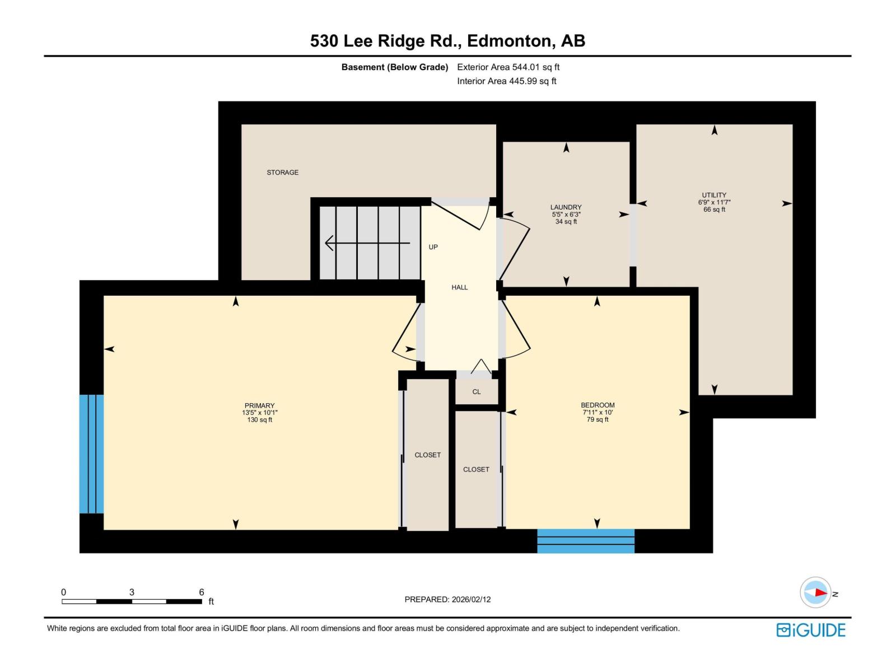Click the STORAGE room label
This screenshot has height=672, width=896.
(x=282, y=172)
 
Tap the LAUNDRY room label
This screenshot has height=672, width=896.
(x=566, y=207)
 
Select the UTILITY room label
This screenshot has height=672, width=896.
(x=714, y=195)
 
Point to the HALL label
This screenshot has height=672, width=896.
(x=459, y=287)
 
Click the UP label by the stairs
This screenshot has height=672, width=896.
(x=433, y=247)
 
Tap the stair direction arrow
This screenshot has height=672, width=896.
(x=367, y=243)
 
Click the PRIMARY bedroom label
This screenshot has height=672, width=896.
(x=259, y=405)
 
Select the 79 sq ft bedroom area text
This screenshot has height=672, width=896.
(x=597, y=419)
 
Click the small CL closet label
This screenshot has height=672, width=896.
(x=477, y=391)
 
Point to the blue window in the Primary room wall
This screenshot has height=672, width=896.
(x=91, y=454)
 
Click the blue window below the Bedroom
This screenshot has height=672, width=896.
(x=586, y=541)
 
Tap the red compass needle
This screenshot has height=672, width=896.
(x=820, y=592)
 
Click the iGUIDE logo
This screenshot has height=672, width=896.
(x=810, y=630)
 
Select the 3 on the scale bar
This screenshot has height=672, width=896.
(x=132, y=592)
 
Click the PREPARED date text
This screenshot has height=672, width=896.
(x=447, y=599)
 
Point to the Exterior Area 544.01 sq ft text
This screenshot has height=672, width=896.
(x=508, y=67)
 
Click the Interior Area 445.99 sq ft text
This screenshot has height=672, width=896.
(x=507, y=81)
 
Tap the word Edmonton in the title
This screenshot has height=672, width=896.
(x=509, y=41)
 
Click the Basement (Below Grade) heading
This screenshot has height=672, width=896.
(x=395, y=67)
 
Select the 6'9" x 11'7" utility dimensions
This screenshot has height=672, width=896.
(x=714, y=202)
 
